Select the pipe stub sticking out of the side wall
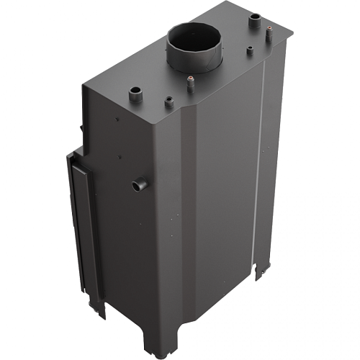(138, 186)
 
